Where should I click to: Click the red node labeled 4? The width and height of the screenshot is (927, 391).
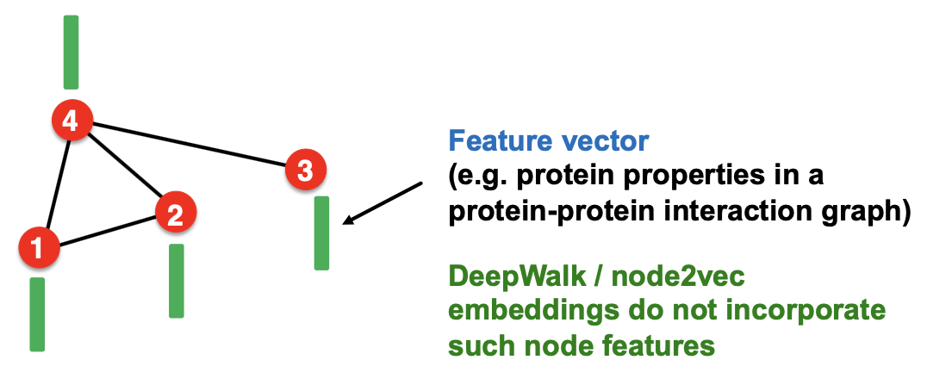(71, 121)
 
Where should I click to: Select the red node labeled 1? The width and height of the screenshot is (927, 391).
(38, 248)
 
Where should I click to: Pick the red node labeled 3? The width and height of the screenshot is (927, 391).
(304, 170)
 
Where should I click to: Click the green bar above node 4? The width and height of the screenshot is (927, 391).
(71, 52)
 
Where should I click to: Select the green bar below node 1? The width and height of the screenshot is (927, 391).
(37, 313)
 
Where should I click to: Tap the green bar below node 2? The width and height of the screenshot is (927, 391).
(176, 281)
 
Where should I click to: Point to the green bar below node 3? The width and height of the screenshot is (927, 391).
(321, 233)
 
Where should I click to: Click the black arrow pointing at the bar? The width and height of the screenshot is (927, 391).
(383, 203)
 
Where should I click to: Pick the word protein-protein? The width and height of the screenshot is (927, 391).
(562, 209)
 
